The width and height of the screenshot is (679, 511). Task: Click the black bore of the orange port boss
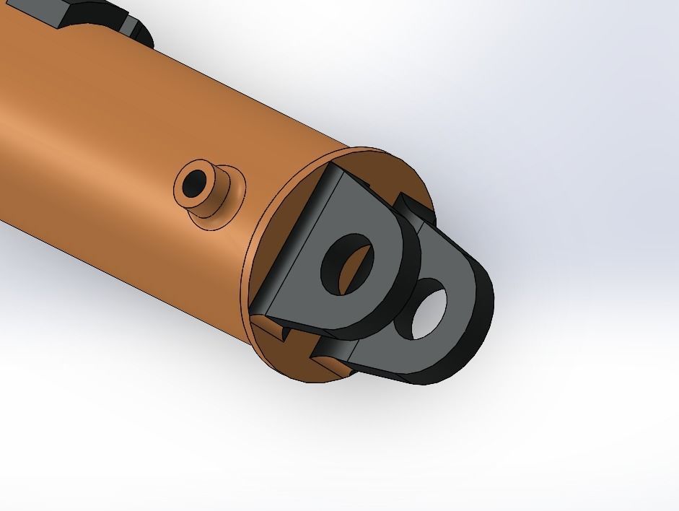coord(193,184)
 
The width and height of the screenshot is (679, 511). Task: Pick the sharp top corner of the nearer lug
coord(334,165)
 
